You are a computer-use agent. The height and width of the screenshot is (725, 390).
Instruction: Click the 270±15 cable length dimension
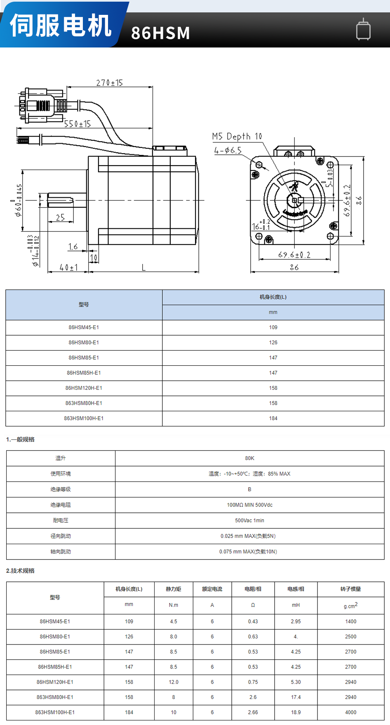pyautogui.click(x=110, y=83)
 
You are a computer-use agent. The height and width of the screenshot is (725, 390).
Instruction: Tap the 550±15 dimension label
pyautogui.click(x=77, y=124)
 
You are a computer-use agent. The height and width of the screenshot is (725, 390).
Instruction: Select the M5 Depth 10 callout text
pyautogui.click(x=237, y=137)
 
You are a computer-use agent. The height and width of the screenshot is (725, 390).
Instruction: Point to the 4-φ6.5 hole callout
pyautogui.click(x=228, y=151)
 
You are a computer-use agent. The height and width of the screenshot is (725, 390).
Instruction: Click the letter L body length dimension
pyautogui.click(x=143, y=268)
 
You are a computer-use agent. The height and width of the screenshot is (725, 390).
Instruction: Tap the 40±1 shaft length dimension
pyautogui.click(x=68, y=268)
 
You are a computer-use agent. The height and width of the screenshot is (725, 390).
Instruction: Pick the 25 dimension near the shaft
pyautogui.click(x=60, y=218)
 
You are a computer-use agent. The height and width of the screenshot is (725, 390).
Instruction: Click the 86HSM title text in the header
pyautogui.click(x=160, y=33)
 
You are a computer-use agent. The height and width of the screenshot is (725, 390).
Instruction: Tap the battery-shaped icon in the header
pyautogui.click(x=363, y=29)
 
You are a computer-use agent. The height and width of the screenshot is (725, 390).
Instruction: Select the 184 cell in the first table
pyautogui.click(x=273, y=418)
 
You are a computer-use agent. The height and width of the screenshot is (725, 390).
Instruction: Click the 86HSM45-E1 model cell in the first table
pyautogui.click(x=84, y=327)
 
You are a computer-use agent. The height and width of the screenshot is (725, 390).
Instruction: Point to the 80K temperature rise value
pyautogui.click(x=249, y=458)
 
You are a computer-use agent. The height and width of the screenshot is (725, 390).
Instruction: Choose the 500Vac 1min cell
pyautogui.click(x=249, y=521)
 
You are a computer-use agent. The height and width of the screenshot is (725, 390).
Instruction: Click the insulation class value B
pyautogui.click(x=249, y=489)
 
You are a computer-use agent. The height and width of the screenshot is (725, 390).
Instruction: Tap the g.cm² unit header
pyautogui.click(x=350, y=605)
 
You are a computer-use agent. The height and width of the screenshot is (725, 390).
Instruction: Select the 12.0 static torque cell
pyautogui.click(x=174, y=682)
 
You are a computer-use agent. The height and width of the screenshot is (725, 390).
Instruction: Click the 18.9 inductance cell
pyautogui.click(x=296, y=712)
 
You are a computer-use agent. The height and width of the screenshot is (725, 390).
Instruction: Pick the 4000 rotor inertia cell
pyautogui.click(x=350, y=712)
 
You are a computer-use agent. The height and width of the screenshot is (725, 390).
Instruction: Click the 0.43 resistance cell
pyautogui.click(x=253, y=621)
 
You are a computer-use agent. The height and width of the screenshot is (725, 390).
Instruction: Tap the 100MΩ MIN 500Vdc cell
pyautogui.click(x=249, y=505)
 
